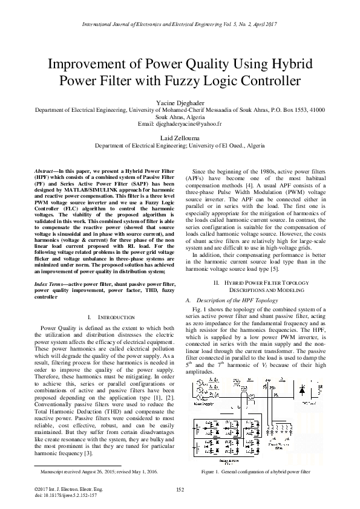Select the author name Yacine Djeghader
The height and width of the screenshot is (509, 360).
tap(180, 103)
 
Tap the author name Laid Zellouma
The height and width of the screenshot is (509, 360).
tap(180, 139)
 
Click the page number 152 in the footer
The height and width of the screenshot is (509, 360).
tap(180, 489)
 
